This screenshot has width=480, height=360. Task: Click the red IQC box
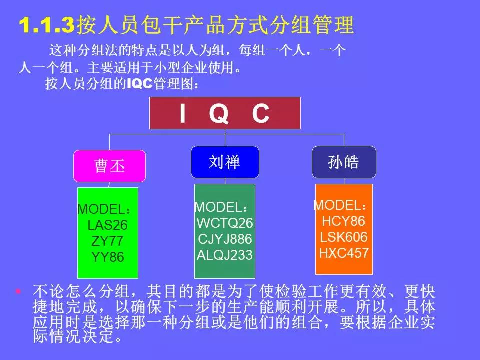tap(225, 113)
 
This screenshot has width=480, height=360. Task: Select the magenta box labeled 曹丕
tap(110, 166)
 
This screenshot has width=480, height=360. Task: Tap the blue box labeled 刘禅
tap(225, 162)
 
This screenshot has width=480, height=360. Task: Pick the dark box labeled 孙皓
tap(344, 162)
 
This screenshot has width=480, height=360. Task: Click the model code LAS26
tap(107, 225)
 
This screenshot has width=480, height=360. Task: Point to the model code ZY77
tap(107, 241)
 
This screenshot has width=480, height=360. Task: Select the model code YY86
tap(107, 257)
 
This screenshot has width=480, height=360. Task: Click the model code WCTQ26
tap(225, 223)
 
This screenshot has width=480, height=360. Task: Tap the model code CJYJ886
tap(225, 239)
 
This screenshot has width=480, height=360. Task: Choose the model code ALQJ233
tap(225, 255)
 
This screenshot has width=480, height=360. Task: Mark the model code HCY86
tap(343, 221)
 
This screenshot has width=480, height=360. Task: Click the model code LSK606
tap(344, 237)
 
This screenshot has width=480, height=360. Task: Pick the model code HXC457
tap(344, 253)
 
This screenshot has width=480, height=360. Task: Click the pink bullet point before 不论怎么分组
tap(19, 291)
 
